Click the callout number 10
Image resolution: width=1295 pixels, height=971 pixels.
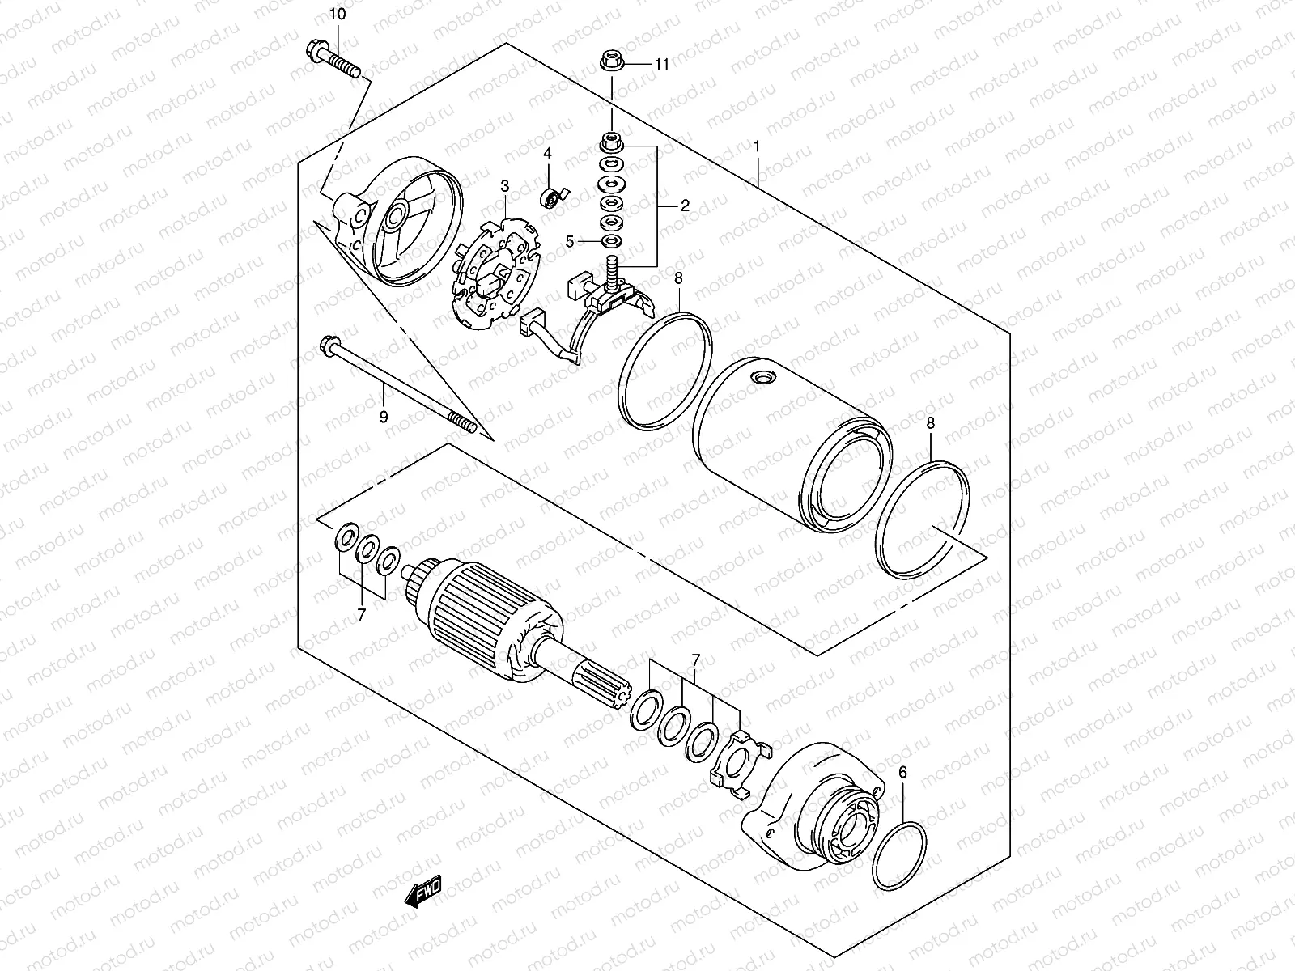(x=337, y=15)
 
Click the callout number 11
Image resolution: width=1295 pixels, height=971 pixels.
(x=662, y=65)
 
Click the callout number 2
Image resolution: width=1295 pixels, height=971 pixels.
(x=684, y=206)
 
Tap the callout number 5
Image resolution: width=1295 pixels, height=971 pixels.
(x=569, y=241)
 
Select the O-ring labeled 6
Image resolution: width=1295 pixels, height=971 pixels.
(x=898, y=858)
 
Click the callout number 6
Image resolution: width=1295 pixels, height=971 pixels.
(x=903, y=772)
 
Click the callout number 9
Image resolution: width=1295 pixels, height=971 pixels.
(x=384, y=416)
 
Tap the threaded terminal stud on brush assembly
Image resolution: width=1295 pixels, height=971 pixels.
(x=612, y=266)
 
